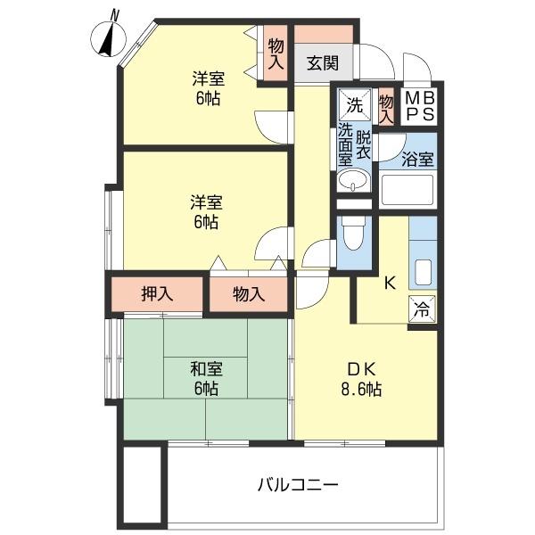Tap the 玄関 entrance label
323,64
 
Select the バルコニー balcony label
298,486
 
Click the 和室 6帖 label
205,378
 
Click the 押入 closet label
157,294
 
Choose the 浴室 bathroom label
417,160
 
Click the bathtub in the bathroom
407,190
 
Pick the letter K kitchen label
389,284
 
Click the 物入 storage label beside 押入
249,294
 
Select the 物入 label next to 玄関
276,53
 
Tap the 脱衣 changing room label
364,145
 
